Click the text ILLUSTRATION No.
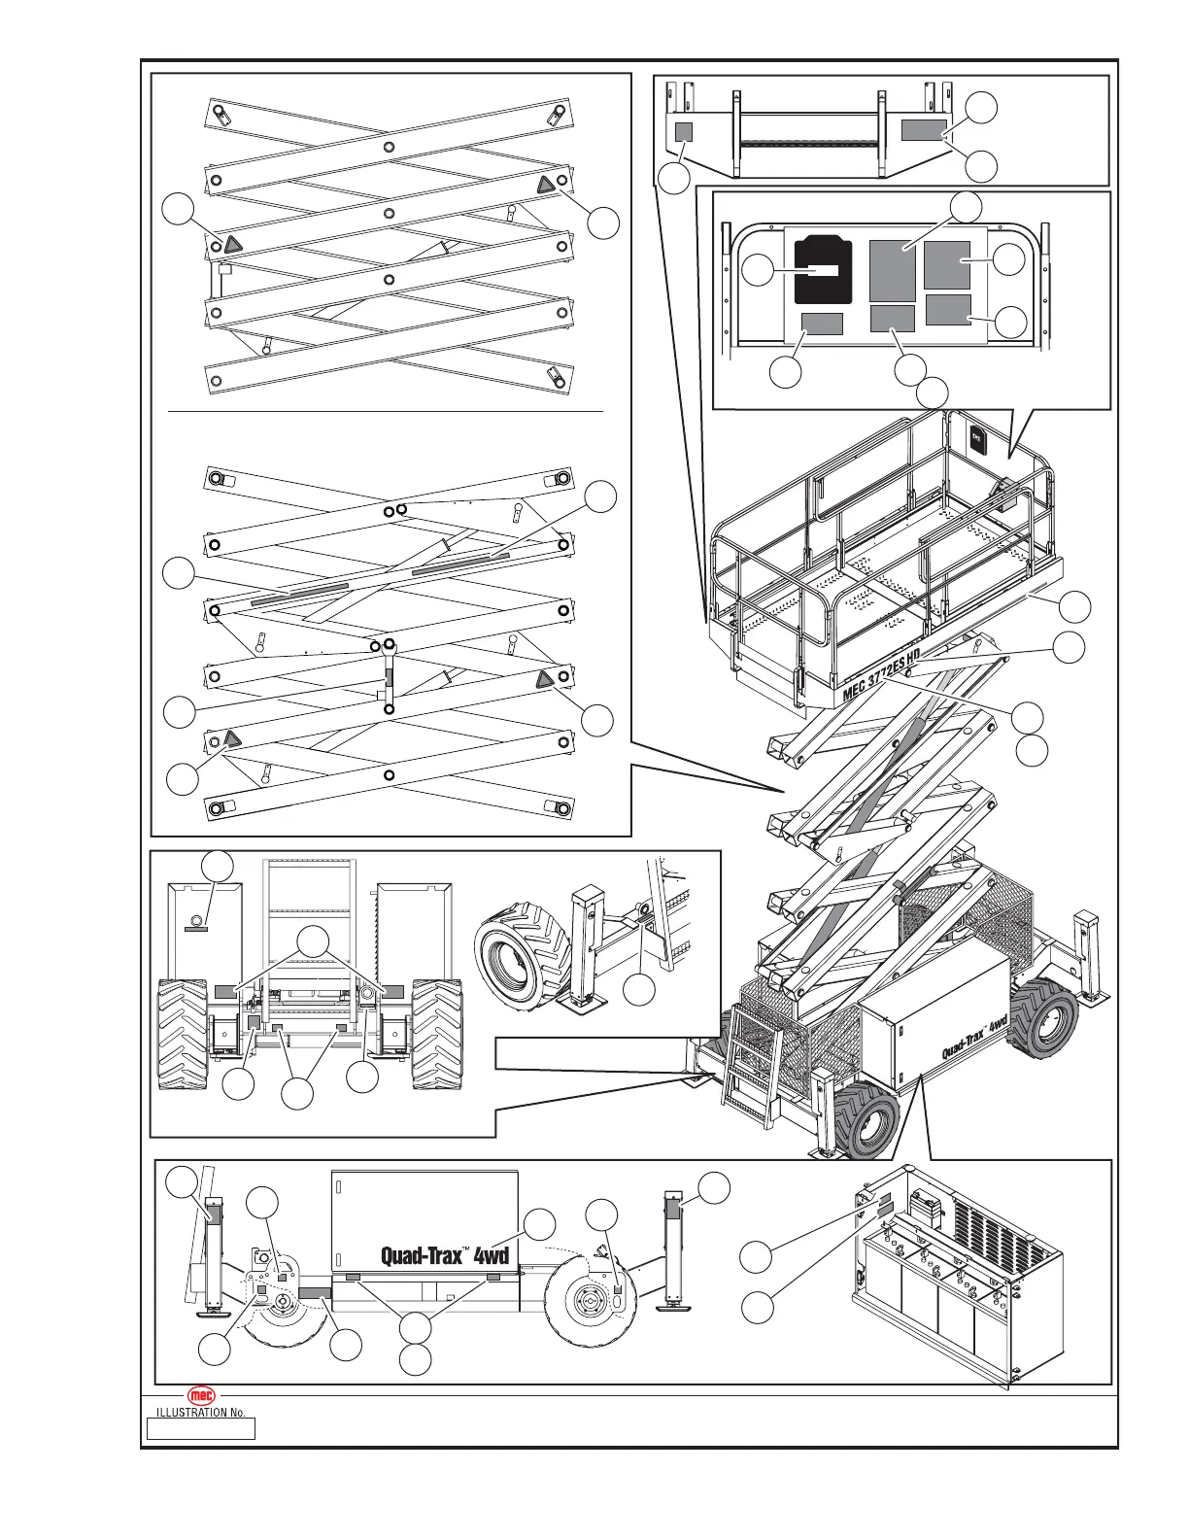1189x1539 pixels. [201, 1413]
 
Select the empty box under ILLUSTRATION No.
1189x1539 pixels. [201, 1428]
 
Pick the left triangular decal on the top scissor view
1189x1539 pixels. [231, 243]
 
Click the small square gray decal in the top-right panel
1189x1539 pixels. [684, 132]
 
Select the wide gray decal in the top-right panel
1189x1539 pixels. [923, 130]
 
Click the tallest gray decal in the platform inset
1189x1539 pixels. [892, 270]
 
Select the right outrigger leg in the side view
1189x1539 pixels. [670, 1248]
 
